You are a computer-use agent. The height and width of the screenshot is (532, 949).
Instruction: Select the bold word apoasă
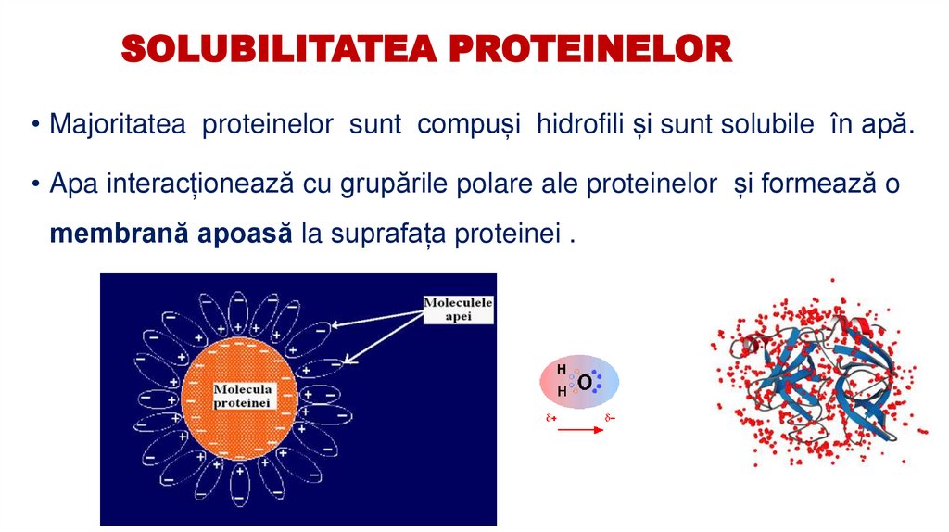pos(246,233)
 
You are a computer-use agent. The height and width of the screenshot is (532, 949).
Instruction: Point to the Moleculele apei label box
pos(458,309)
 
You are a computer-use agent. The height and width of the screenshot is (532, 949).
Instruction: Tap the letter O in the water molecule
pos(585,382)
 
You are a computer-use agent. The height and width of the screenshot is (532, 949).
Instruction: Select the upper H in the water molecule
pos(561,370)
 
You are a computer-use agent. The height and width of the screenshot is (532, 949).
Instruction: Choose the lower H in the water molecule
pos(561,392)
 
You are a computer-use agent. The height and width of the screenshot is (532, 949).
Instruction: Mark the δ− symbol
pos(610,419)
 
